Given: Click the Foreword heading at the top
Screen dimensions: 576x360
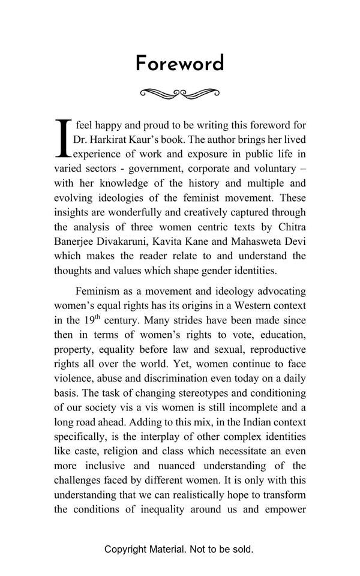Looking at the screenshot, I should [180, 64].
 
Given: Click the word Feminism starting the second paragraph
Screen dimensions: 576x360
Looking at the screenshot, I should [98, 291].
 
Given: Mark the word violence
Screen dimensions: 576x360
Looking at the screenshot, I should [73, 379].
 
